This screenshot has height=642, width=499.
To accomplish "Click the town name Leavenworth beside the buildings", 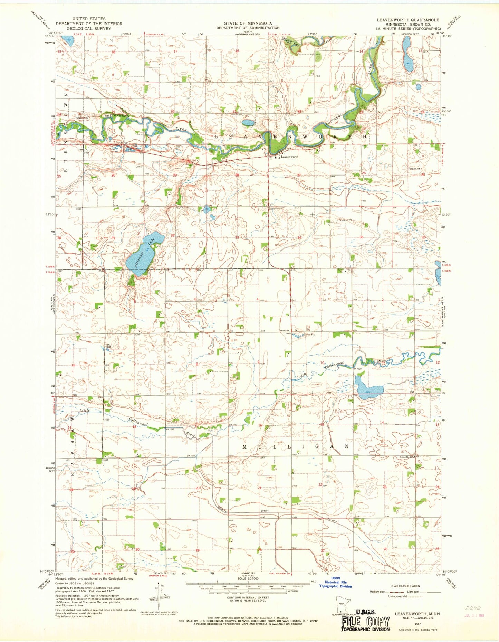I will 289,157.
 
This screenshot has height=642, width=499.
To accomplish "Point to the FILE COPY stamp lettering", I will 365,622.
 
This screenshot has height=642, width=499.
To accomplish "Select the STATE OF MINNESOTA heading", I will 251,23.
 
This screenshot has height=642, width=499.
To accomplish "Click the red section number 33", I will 237,238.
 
